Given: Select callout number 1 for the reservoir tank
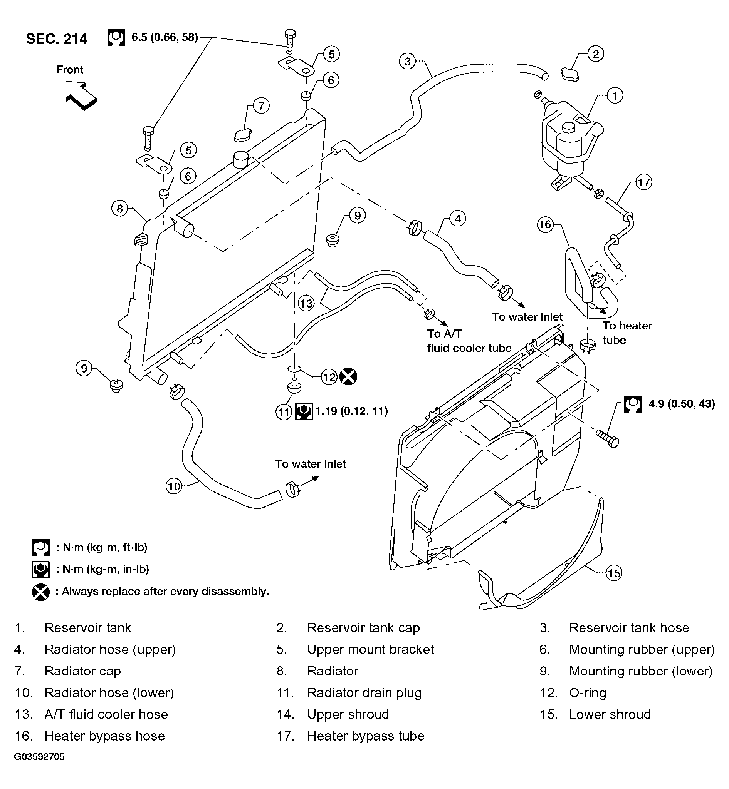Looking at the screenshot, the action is tap(615, 95).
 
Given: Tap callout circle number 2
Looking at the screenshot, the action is tap(596, 53).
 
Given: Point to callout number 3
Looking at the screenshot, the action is tap(408, 61).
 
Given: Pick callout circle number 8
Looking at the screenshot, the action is tap(120, 209).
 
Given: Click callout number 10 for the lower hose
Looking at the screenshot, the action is tap(174, 486).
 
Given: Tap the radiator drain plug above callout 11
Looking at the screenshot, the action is tap(294, 385).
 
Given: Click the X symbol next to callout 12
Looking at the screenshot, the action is tap(348, 376).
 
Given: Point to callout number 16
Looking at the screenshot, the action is tap(545, 225).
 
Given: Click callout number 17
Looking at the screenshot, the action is tap(644, 182).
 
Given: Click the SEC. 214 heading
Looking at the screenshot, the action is tap(56, 39).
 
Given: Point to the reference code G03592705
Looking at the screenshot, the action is tap(39, 756).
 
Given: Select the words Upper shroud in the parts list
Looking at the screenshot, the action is tap(348, 714).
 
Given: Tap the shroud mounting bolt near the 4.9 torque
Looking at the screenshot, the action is tap(608, 439).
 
